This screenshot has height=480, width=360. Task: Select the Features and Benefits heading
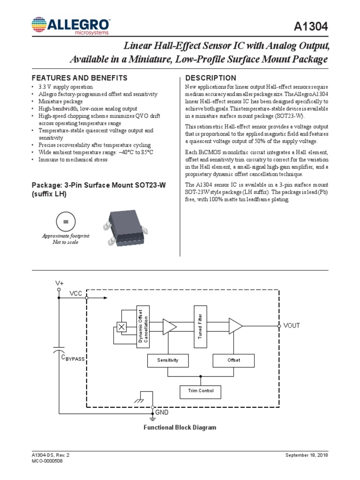pyautogui.click(x=79, y=78)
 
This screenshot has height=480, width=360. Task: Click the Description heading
pyautogui.click(x=211, y=78)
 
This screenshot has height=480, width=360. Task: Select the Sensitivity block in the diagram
pyautogui.click(x=168, y=360)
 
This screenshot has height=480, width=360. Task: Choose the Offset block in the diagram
pyautogui.click(x=233, y=360)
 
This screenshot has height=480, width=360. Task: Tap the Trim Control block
pyautogui.click(x=201, y=391)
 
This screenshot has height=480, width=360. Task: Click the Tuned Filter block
pyautogui.click(x=201, y=326)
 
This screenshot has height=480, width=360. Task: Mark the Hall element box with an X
pyautogui.click(x=122, y=327)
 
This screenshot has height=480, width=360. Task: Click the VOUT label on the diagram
pyautogui.click(x=292, y=325)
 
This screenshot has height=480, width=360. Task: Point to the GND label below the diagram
pyautogui.click(x=162, y=412)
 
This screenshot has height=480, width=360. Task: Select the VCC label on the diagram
pyautogui.click(x=75, y=293)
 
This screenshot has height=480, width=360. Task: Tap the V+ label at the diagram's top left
pyautogui.click(x=59, y=284)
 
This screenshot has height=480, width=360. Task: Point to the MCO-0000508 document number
pyautogui.click(x=47, y=461)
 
